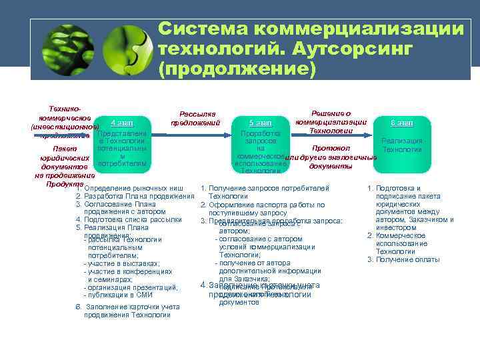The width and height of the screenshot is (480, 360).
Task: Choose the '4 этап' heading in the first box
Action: [121, 123]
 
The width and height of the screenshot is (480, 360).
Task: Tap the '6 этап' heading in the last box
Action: [402, 123]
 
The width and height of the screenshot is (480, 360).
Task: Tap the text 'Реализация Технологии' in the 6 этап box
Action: [402, 145]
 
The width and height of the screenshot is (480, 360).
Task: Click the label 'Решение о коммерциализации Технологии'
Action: [331, 122]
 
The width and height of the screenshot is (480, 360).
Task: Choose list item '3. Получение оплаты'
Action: [403, 259]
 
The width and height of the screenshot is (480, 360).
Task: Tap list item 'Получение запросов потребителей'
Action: [269, 188]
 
